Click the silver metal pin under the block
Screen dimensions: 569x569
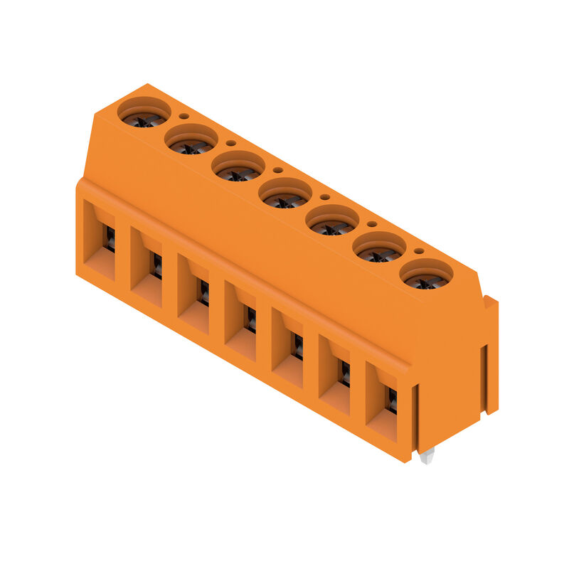426,456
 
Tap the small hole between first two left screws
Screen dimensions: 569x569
184,116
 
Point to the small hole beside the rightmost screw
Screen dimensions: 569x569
419,250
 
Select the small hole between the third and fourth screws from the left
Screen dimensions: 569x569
277,170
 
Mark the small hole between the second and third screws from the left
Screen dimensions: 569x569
230,143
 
